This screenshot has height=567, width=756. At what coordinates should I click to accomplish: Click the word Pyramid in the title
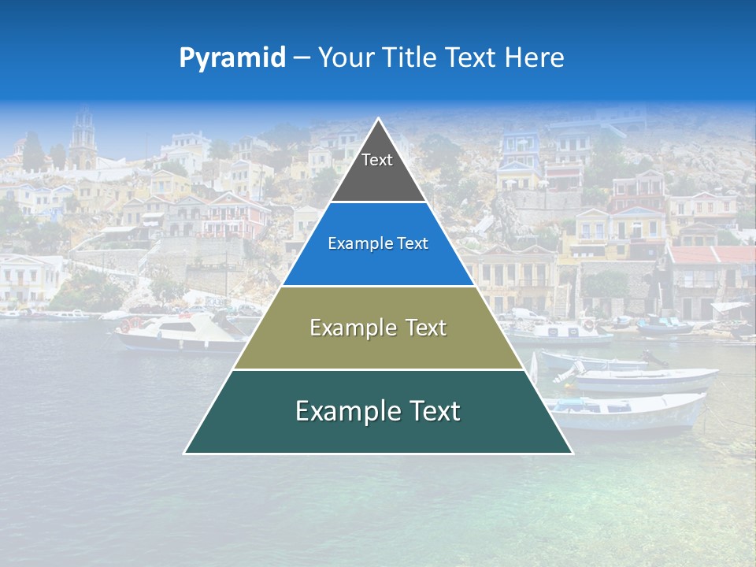click(232, 57)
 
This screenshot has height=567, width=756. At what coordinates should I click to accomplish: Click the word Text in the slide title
click(472, 57)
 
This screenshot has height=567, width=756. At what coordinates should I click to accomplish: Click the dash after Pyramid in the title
click(301, 57)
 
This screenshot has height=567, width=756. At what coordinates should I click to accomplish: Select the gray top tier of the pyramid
click(378, 177)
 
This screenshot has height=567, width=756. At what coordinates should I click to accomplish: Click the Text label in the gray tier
click(377, 160)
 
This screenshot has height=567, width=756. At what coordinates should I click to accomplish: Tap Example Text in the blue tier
click(378, 243)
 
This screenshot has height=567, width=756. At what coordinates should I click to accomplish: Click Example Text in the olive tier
click(378, 328)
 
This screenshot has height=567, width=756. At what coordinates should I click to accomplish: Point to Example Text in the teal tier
click(378, 411)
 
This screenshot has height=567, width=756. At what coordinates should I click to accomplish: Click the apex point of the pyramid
click(378, 119)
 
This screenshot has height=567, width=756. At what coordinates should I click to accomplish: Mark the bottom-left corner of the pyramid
click(185, 453)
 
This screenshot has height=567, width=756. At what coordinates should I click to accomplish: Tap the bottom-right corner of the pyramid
click(572, 453)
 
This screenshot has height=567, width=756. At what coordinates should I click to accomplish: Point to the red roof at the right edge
click(713, 255)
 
